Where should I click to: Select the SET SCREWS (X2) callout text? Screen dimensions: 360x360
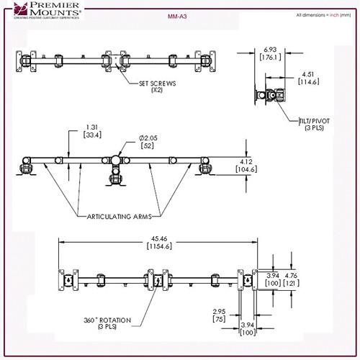click(157, 87)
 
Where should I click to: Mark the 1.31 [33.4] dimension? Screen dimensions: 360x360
click(92, 131)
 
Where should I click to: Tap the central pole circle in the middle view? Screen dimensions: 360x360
click(115, 160)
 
